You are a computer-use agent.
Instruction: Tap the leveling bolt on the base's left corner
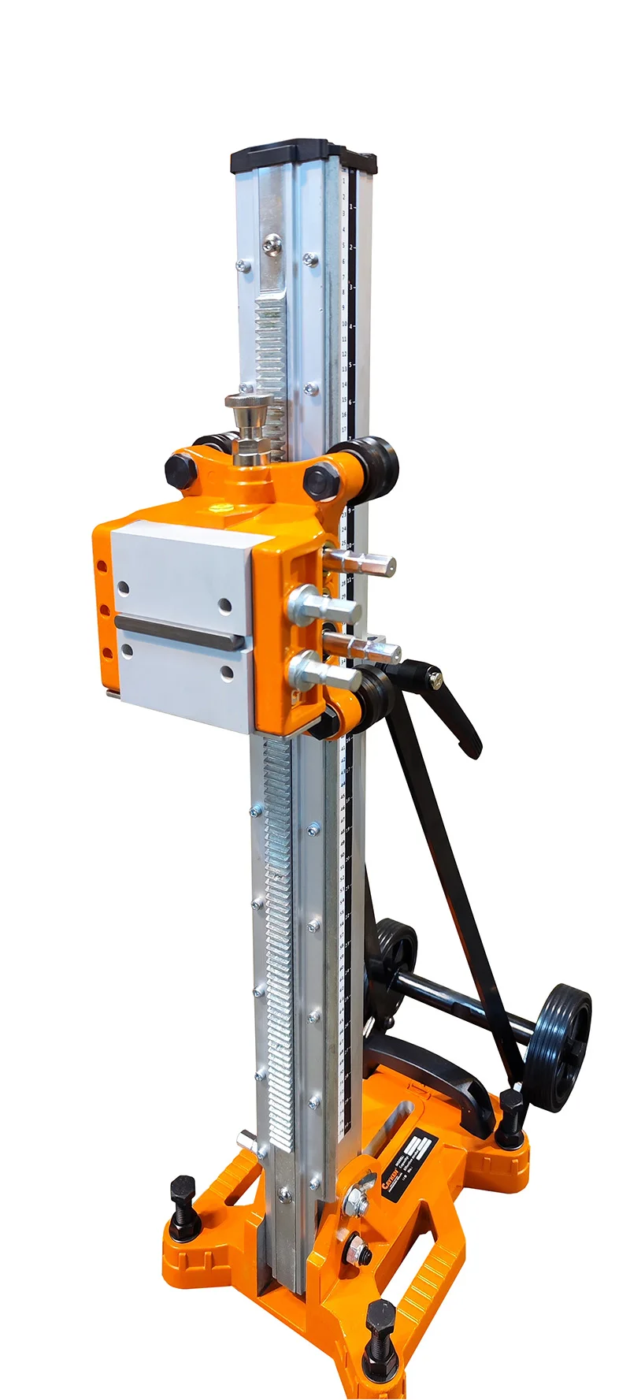click(183, 1208)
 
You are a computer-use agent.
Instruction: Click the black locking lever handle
click(456, 708)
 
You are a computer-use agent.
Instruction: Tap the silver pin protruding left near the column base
click(247, 1139)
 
